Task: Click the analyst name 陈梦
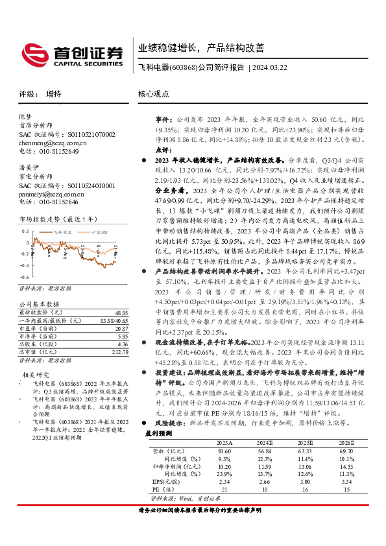click(25, 116)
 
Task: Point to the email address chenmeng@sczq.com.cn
click(52, 141)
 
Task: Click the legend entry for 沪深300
click(96, 231)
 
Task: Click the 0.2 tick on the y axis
click(25, 230)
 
